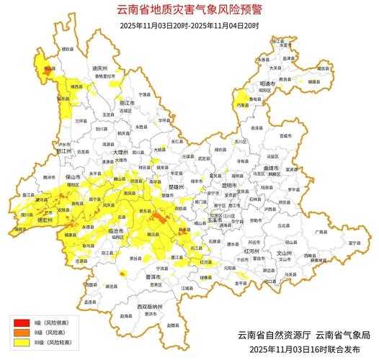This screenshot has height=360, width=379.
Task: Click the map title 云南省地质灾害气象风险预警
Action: pos(189,10)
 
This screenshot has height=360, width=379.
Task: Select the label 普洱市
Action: pos(152,276)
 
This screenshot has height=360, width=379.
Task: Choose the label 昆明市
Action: pos(228,185)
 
